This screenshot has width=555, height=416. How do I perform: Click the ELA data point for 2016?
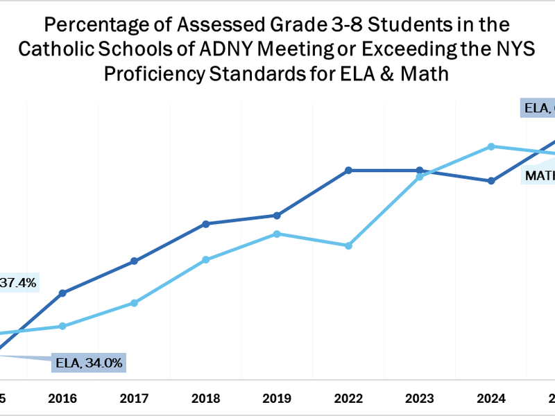coord(62,293)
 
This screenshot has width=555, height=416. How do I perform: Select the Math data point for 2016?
coord(62,326)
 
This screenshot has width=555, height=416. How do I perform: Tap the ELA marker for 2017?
coord(134,261)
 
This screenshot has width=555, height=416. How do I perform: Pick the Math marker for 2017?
coord(134,303)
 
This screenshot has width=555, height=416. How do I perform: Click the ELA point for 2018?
coord(206,224)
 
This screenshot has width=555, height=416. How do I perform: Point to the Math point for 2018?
coord(206,259)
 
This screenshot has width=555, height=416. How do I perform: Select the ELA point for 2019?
coord(277,216)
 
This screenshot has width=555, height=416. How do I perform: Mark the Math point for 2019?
coord(277,234)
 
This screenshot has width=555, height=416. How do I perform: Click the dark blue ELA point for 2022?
coord(349,170)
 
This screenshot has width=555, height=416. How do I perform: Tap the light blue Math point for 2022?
coord(349,245)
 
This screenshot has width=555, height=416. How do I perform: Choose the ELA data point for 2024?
coord(491,181)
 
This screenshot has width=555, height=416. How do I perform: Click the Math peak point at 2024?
coord(491,146)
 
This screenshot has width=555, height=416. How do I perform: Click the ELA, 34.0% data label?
coord(89,362)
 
